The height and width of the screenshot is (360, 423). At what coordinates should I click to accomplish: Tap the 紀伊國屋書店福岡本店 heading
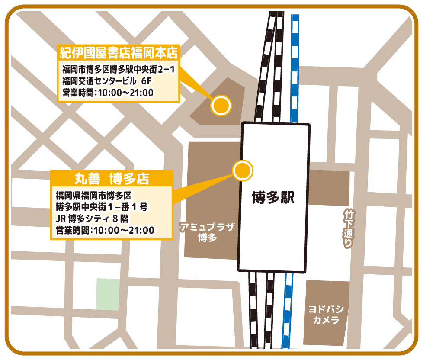[119, 53]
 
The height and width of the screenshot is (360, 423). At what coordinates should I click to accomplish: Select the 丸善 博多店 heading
[112, 178]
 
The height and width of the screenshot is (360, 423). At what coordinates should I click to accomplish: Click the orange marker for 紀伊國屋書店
[221, 105]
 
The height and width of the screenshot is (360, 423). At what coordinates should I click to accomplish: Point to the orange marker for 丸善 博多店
[242, 170]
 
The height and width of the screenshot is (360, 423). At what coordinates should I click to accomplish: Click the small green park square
[108, 294]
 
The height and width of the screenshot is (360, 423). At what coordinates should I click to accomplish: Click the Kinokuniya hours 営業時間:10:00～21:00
[108, 92]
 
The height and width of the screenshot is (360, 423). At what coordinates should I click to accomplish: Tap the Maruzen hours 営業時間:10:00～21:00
[105, 230]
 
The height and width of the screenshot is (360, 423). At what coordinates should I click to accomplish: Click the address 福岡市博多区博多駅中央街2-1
[118, 69]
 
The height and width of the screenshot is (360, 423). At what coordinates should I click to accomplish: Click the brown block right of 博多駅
[329, 188]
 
